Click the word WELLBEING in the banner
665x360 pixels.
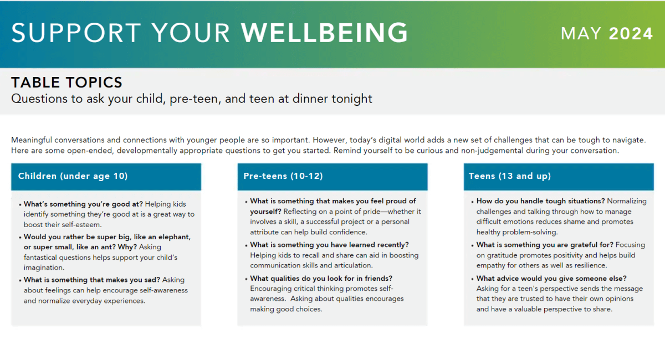325,33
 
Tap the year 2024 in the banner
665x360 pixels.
631,34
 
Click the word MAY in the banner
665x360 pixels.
581,34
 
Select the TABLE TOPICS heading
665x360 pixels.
67,83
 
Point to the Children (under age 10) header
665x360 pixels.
73,176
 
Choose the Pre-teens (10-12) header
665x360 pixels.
283,176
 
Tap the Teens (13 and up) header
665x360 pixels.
510,176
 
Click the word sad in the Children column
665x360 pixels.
153,280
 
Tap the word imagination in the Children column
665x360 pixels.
44,268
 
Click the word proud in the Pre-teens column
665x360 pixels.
396,201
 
